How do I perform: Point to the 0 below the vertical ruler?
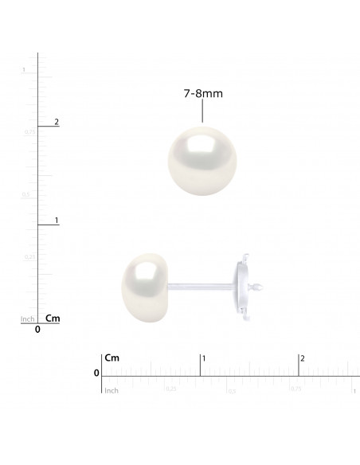(x=38, y=329)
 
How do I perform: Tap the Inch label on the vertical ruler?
(x=26, y=319)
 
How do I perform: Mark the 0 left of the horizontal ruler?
(x=96, y=373)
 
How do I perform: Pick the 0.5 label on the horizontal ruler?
(x=232, y=390)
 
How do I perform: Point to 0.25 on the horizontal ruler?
(x=170, y=389)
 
